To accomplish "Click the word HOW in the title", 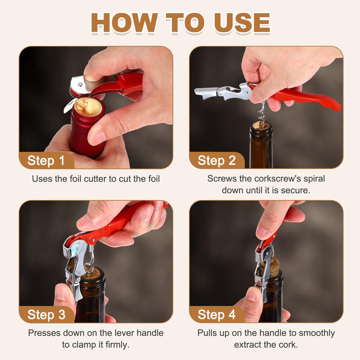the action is click(x=124, y=22).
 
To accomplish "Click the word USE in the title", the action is click(x=242, y=22).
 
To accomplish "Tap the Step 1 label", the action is click(x=46, y=160).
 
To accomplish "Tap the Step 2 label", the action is click(x=217, y=160).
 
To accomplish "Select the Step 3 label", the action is click(x=46, y=315).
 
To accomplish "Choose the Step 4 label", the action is click(x=217, y=315).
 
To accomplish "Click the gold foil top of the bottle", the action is click(x=88, y=107).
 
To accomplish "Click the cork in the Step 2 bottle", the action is click(x=261, y=125).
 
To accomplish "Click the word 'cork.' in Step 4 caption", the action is click(x=288, y=345).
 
